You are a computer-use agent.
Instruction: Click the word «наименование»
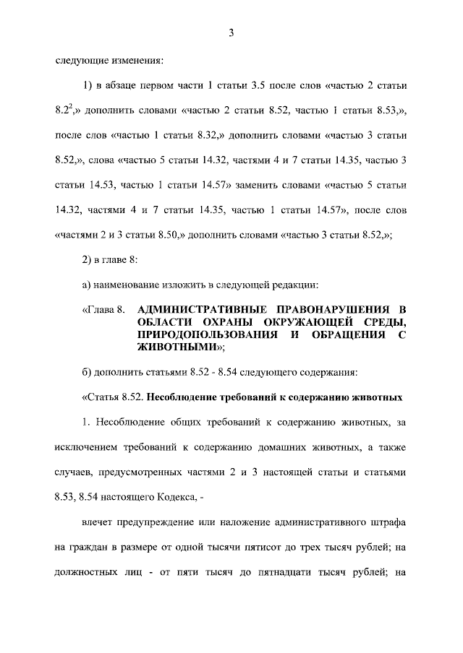pyautogui.click(x=127, y=285)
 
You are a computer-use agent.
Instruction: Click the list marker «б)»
pyautogui.click(x=88, y=373)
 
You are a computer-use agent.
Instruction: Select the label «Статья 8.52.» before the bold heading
pyautogui.click(x=116, y=397)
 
